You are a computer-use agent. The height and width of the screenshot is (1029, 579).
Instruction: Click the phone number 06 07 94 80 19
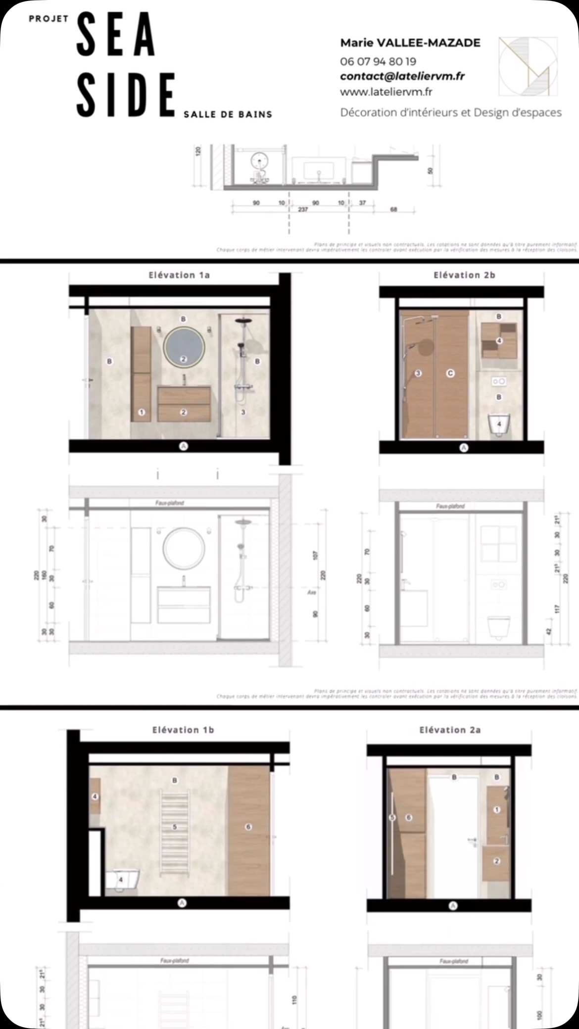(x=378, y=61)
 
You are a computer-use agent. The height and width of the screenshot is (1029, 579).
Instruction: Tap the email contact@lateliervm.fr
(x=402, y=76)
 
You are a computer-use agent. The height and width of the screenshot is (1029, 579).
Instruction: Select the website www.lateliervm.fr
(x=386, y=92)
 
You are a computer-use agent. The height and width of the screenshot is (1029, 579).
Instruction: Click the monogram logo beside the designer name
(x=528, y=66)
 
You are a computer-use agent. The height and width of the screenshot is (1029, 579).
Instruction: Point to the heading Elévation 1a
(x=179, y=275)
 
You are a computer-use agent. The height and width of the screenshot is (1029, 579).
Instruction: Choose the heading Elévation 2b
(x=464, y=275)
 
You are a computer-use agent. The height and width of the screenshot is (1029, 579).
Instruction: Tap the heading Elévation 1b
(x=183, y=730)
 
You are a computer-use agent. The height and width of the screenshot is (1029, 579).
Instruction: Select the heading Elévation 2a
(x=450, y=730)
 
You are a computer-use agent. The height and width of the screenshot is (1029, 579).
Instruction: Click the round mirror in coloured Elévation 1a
(x=184, y=348)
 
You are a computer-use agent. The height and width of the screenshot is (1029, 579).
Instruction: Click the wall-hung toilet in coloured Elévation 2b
(x=499, y=424)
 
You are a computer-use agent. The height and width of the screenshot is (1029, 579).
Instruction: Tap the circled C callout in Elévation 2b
(x=450, y=373)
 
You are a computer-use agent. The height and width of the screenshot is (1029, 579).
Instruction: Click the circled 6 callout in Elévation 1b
(x=248, y=827)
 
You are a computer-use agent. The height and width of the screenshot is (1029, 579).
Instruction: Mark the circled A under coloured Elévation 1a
(x=184, y=446)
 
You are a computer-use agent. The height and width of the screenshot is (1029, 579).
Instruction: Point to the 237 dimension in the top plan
(x=303, y=209)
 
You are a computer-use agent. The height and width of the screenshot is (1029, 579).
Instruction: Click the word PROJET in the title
(x=48, y=19)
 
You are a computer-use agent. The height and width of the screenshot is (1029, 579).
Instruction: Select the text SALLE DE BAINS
(x=228, y=114)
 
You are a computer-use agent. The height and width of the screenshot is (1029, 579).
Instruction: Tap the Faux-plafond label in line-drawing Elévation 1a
(x=170, y=503)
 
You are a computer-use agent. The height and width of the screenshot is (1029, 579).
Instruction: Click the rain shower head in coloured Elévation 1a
(x=243, y=321)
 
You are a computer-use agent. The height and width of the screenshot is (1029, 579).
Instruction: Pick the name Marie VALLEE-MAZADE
(x=410, y=43)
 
